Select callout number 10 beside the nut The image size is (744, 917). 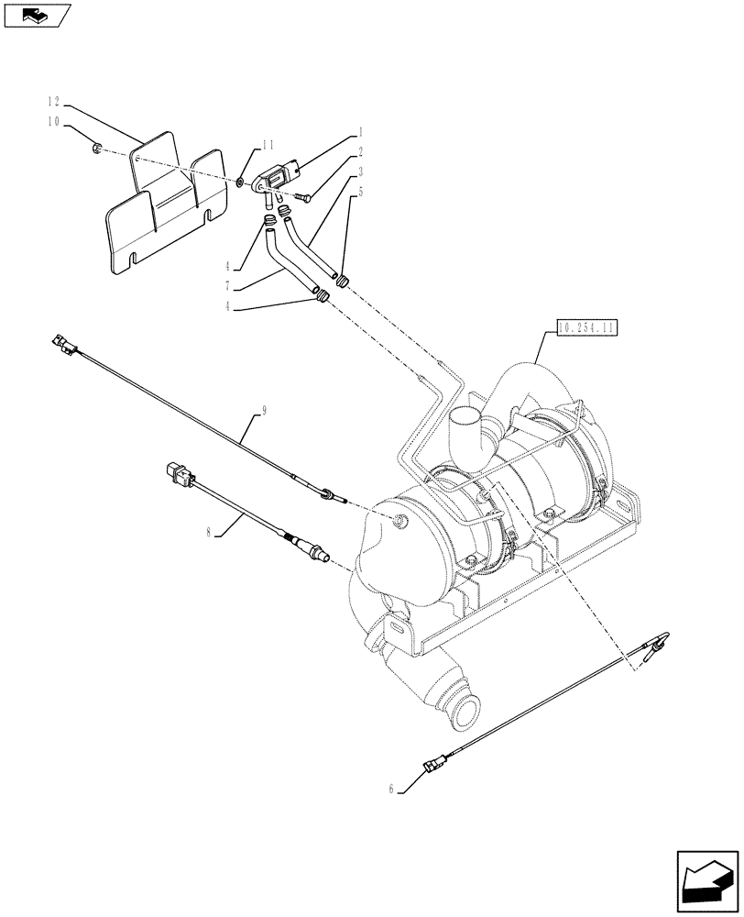tap(52, 121)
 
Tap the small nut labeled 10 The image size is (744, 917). tap(96, 148)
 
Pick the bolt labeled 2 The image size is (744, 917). tap(304, 194)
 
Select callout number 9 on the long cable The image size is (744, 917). tap(264, 412)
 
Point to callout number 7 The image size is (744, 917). tap(236, 288)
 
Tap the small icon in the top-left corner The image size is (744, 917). tap(36, 14)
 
